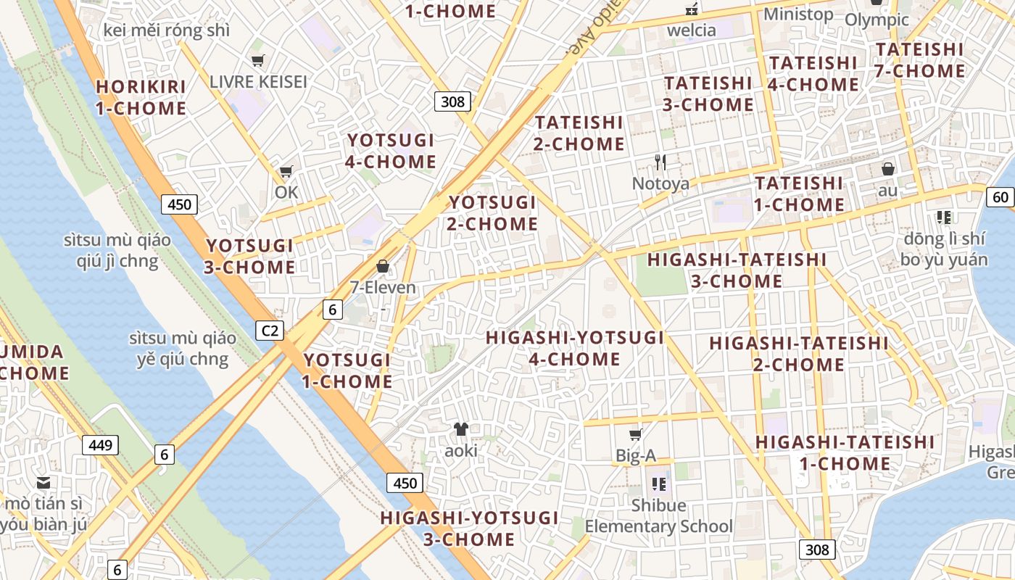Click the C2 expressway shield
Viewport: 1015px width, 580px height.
(270, 331)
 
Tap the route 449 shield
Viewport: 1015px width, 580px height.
(100, 444)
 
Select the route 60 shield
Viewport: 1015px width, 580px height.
(1000, 196)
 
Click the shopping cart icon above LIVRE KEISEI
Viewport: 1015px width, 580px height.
(257, 61)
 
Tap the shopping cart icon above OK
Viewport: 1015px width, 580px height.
(286, 172)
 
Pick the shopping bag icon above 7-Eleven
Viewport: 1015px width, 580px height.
(383, 267)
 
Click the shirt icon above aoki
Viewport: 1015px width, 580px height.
(461, 429)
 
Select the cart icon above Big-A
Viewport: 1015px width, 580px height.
(636, 435)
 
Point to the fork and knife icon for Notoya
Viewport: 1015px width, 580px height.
(660, 162)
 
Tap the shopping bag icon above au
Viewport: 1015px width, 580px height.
(888, 170)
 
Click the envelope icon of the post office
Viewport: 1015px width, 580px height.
(44, 483)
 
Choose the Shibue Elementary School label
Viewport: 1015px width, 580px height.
(659, 515)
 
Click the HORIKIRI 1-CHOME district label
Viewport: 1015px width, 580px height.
(141, 97)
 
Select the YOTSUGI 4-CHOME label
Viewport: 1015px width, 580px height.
(391, 151)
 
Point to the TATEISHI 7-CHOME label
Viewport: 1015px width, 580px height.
(920, 60)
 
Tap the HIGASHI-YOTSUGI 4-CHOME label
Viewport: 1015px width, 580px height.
(575, 348)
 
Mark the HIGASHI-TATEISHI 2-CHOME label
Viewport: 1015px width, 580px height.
(799, 353)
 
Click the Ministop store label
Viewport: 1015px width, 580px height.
(798, 14)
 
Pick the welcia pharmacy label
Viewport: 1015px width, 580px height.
(691, 30)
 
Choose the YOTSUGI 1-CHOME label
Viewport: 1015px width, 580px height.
(347, 370)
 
